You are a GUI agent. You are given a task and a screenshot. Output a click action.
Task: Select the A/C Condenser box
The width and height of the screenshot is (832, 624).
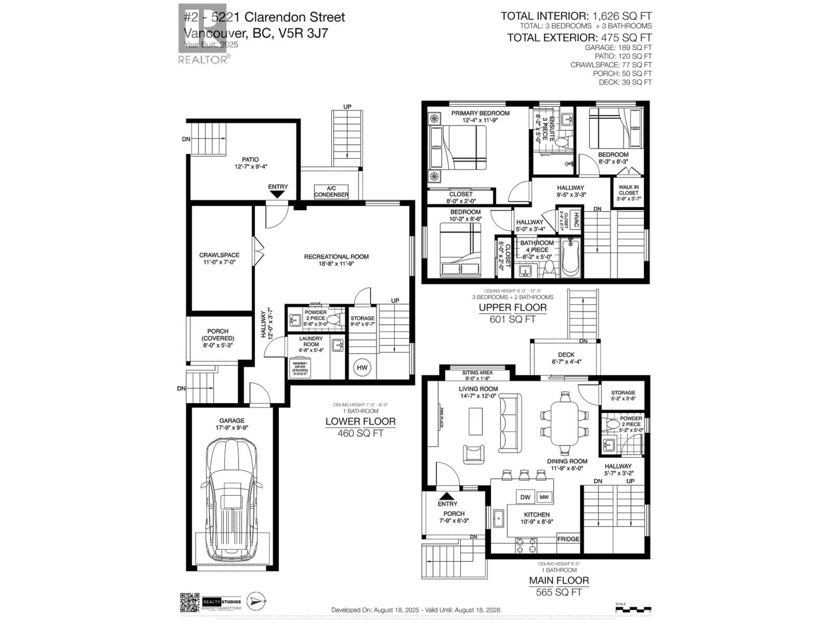(331, 192)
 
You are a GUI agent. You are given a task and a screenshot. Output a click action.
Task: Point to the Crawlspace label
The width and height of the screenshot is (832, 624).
(219, 258)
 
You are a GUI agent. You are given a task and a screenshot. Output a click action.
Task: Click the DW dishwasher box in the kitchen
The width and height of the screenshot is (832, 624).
(525, 497)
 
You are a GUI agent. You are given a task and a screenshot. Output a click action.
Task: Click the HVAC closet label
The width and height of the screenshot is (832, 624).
(575, 220)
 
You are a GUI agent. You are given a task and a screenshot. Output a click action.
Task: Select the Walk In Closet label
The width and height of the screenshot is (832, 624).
(629, 193)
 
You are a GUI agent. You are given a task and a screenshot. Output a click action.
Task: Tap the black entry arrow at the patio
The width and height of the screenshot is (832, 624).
(278, 195)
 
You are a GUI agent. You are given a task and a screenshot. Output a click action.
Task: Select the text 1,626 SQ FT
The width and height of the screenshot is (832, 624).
(622, 16)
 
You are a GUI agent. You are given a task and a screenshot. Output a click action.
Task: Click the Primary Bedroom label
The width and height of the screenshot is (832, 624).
(480, 113)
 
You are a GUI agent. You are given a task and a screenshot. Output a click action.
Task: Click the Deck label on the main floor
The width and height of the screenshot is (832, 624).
(566, 355)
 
